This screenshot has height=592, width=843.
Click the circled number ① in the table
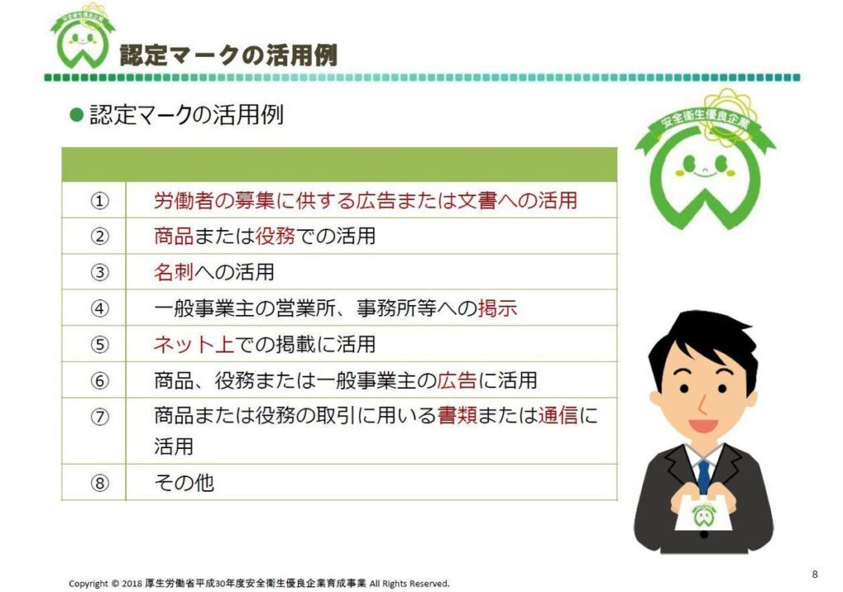[100, 201]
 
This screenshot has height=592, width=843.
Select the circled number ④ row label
[100, 309]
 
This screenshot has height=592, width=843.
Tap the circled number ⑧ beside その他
[100, 483]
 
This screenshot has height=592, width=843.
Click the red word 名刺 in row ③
[174, 272]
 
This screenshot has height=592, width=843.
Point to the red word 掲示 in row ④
[498, 308]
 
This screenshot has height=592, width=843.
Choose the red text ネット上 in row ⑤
[193, 345]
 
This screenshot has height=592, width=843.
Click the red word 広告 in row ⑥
[457, 381]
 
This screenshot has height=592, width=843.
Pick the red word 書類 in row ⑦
[457, 415]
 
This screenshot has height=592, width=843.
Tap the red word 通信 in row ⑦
[558, 415]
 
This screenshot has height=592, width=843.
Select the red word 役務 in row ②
[275, 236]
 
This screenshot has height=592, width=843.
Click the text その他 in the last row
[184, 483]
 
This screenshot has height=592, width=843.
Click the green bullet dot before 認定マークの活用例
[77, 115]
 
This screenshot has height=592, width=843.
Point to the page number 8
[815, 574]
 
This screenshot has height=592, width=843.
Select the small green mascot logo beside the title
[83, 39]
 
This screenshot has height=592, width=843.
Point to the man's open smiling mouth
[703, 425]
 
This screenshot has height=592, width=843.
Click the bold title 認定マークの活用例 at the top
[229, 55]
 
